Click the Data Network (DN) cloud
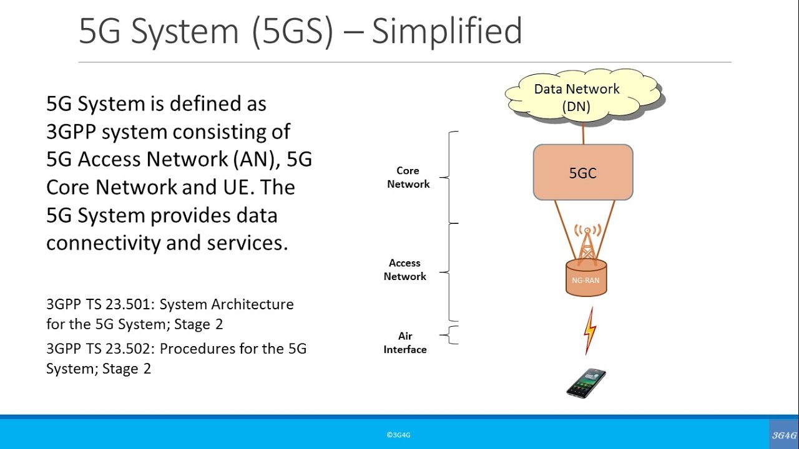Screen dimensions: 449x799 click(x=583, y=96)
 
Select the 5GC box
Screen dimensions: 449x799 click(x=583, y=173)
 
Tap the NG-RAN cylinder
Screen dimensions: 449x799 click(x=586, y=279)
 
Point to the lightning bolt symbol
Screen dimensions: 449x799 click(x=589, y=331)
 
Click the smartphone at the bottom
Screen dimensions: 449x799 click(x=586, y=383)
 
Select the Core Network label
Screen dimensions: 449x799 click(x=408, y=177)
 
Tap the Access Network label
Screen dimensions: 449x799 click(x=404, y=269)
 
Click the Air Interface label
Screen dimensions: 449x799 click(x=405, y=342)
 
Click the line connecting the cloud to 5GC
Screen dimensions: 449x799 click(x=583, y=133)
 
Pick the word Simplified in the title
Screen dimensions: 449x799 click(x=446, y=31)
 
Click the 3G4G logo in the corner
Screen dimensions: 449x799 click(x=784, y=435)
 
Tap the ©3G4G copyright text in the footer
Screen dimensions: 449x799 click(x=398, y=435)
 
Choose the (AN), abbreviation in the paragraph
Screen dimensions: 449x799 click(x=257, y=160)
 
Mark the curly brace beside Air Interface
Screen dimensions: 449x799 click(x=453, y=335)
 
